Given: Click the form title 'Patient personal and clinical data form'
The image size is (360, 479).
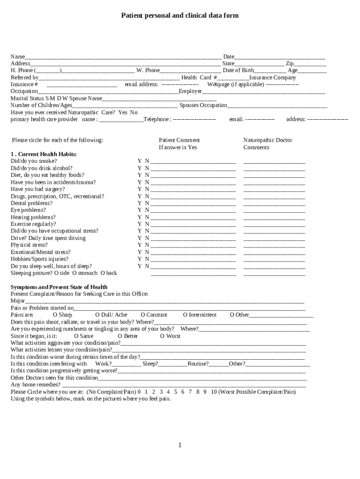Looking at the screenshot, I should pos(180,15).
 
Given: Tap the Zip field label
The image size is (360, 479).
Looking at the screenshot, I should pos(290,64).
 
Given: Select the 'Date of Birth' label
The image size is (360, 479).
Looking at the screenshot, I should pos(238,71).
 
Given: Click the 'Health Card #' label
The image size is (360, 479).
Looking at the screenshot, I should pos(199,78).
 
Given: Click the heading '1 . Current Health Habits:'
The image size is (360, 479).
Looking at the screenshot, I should pos(44,154).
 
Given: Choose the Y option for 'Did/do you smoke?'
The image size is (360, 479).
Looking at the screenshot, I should pos(139,161).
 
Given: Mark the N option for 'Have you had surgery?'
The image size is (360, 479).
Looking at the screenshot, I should pos(147,189).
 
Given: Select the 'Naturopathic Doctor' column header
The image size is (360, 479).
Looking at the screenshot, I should pos(267,140).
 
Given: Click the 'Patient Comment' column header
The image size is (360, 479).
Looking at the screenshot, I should pos(179,140).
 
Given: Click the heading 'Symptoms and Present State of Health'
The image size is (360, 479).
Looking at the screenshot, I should pos(59,287).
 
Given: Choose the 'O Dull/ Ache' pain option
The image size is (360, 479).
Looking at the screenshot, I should pos(111,315).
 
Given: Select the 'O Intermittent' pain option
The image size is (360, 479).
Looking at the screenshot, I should pos(200,315).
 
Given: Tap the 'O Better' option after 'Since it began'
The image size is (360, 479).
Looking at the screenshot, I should pos(128,336).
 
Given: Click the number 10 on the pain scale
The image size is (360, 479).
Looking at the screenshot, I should pos(214,392).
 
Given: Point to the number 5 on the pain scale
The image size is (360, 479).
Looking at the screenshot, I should pos(176,392).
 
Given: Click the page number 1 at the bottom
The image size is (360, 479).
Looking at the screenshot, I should pos(180,445).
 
